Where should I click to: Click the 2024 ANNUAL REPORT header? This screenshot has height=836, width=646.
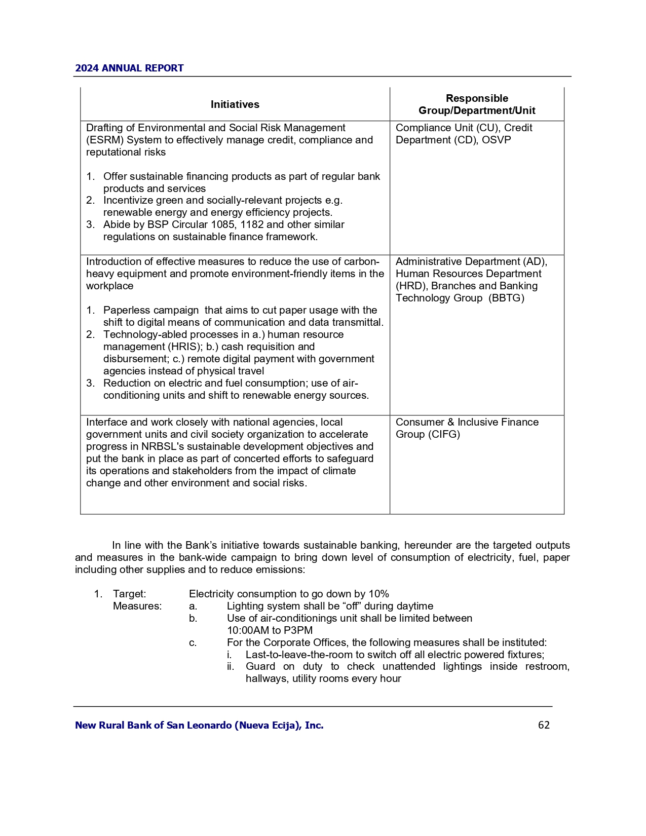point(129,68)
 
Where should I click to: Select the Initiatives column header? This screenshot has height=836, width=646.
point(235,104)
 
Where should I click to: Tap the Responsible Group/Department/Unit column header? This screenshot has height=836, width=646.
point(476,104)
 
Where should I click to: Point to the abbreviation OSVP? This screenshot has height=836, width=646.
point(497,140)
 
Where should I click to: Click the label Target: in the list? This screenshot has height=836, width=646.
point(129,594)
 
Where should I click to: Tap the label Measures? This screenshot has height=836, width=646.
point(137,606)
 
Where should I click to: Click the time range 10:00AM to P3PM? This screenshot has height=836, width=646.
point(270,630)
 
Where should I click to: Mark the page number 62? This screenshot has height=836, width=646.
point(544,725)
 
